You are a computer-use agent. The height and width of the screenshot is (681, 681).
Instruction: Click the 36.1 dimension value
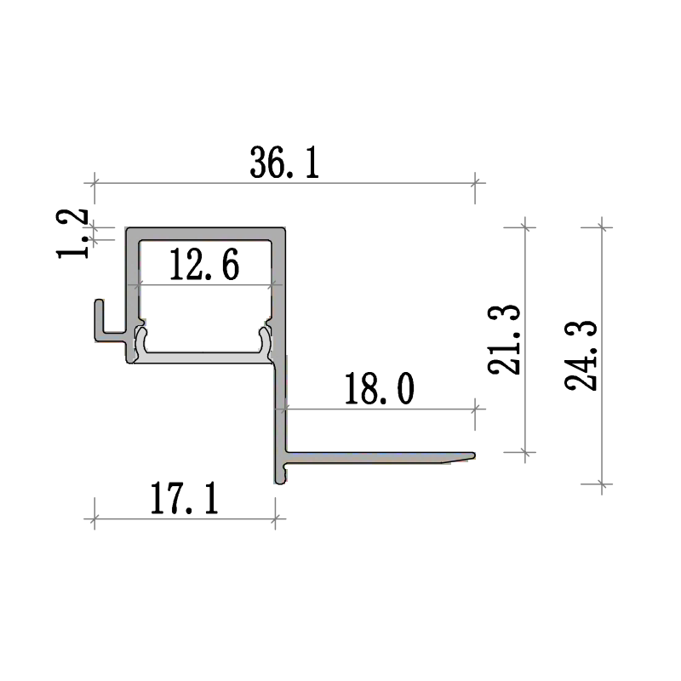(x=284, y=162)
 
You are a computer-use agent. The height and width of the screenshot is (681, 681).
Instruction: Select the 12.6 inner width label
(x=204, y=266)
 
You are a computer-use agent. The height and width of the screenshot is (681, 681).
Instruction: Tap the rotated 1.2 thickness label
(x=76, y=232)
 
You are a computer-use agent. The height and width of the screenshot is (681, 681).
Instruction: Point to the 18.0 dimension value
(x=379, y=390)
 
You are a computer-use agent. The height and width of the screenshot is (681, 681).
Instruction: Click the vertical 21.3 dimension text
(x=505, y=340)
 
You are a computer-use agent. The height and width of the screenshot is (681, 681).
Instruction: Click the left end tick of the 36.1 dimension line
(x=94, y=181)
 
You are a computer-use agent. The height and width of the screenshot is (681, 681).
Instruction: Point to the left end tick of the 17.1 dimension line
(x=94, y=518)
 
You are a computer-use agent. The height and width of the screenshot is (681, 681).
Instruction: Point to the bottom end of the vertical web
(x=281, y=478)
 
